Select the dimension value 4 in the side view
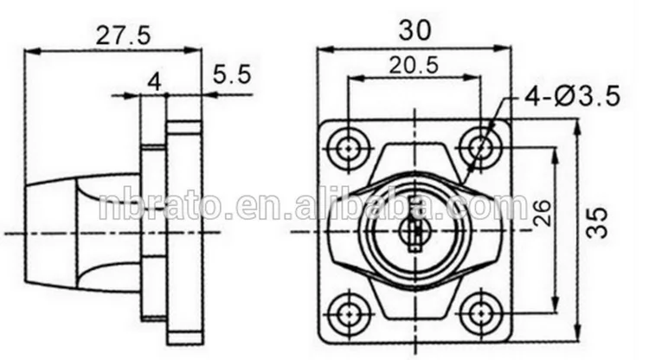154,81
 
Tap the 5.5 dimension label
231,75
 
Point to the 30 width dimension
415,29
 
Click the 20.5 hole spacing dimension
414,64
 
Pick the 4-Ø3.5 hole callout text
572,98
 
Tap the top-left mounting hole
349,146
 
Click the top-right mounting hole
478,146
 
